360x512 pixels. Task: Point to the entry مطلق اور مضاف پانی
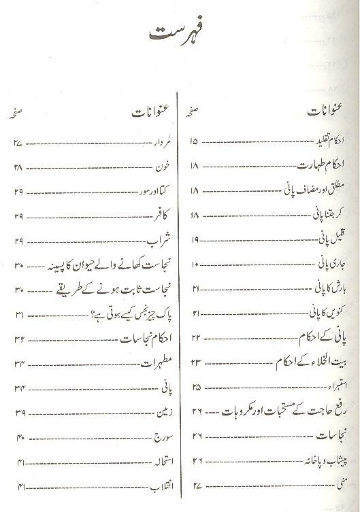pos(310,190)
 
